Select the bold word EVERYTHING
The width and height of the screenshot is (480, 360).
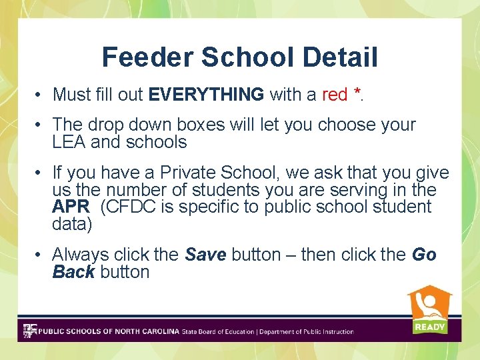point(206,95)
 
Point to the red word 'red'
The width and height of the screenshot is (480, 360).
point(334,95)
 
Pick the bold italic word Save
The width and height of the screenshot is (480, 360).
point(205,255)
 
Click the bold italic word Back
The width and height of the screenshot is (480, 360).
point(73,271)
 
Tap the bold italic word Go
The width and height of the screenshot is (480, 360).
point(424,255)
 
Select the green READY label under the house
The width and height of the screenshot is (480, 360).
point(429,327)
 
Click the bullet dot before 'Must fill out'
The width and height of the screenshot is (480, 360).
point(40,95)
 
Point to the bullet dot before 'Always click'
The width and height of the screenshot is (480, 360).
point(40,255)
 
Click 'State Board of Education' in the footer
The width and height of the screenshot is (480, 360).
point(218,331)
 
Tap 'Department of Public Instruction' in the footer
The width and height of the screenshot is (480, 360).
point(306,331)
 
